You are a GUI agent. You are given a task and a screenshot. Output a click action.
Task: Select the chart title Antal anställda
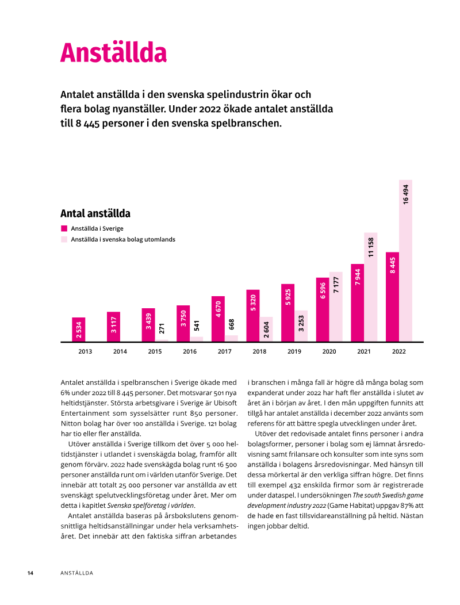[95, 213]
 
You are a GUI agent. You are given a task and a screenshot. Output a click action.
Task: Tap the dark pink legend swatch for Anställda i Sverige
[64, 228]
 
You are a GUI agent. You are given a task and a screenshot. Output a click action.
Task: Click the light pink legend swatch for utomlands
[64, 239]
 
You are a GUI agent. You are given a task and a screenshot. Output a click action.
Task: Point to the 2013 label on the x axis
[85, 351]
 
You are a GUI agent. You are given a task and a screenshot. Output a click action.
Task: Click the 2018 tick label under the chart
[259, 351]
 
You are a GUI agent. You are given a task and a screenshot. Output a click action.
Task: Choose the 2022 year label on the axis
[398, 351]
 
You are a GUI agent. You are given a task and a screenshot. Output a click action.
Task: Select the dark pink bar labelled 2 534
[79, 330]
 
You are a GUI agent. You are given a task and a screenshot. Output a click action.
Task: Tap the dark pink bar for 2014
[113, 327]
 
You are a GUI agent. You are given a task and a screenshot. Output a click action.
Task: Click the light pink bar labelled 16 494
[405, 261]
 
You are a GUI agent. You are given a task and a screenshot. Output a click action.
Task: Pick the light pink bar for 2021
[371, 287]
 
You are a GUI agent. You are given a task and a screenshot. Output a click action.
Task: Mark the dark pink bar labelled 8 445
[393, 297]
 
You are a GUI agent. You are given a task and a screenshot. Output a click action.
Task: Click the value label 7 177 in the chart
[336, 285]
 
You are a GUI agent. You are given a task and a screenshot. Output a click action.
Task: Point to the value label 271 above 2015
[162, 328]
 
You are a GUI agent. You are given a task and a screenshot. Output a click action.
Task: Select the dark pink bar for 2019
[288, 313]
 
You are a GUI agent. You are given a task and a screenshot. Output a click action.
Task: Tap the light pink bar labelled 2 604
[266, 329]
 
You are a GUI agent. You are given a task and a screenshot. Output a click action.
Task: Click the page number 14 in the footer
[30, 573]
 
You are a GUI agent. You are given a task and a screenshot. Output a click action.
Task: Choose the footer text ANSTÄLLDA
[77, 573]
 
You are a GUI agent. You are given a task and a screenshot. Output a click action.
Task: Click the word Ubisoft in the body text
[225, 403]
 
